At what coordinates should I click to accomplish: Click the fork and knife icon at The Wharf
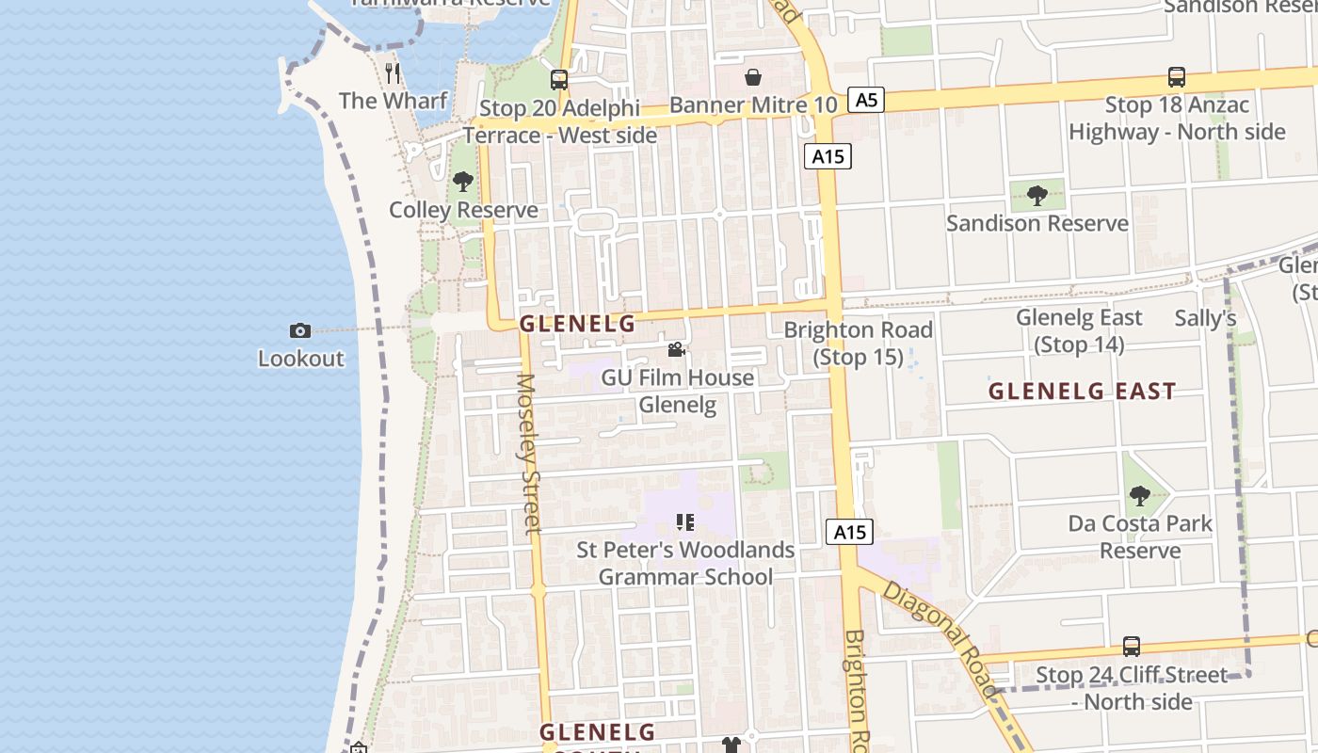[x=394, y=72]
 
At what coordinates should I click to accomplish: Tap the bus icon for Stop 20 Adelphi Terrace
[x=559, y=80]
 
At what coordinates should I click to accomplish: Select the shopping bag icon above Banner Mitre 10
[x=753, y=77]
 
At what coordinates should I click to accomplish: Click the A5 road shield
[x=866, y=99]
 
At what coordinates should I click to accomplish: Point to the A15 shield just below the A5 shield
[x=828, y=156]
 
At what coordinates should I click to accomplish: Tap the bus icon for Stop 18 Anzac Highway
[x=1176, y=77]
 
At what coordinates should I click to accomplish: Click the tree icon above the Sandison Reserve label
[x=1037, y=196]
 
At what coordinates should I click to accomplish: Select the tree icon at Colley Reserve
[x=462, y=182]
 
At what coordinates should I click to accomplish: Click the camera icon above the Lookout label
[x=300, y=330]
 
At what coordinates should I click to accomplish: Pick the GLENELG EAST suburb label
[x=1082, y=392]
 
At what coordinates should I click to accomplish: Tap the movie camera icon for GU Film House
[x=676, y=350]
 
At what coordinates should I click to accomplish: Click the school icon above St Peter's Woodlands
[x=685, y=521]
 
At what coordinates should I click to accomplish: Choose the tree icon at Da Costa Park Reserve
[x=1140, y=495]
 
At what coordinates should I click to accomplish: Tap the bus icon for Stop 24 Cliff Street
[x=1132, y=647]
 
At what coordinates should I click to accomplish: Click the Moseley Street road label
[x=528, y=454]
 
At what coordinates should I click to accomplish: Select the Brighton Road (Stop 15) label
[x=858, y=344]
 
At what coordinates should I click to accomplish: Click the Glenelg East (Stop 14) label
[x=1079, y=331]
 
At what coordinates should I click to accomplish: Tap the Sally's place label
[x=1205, y=318]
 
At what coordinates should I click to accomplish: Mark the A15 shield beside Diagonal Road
[x=850, y=532]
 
